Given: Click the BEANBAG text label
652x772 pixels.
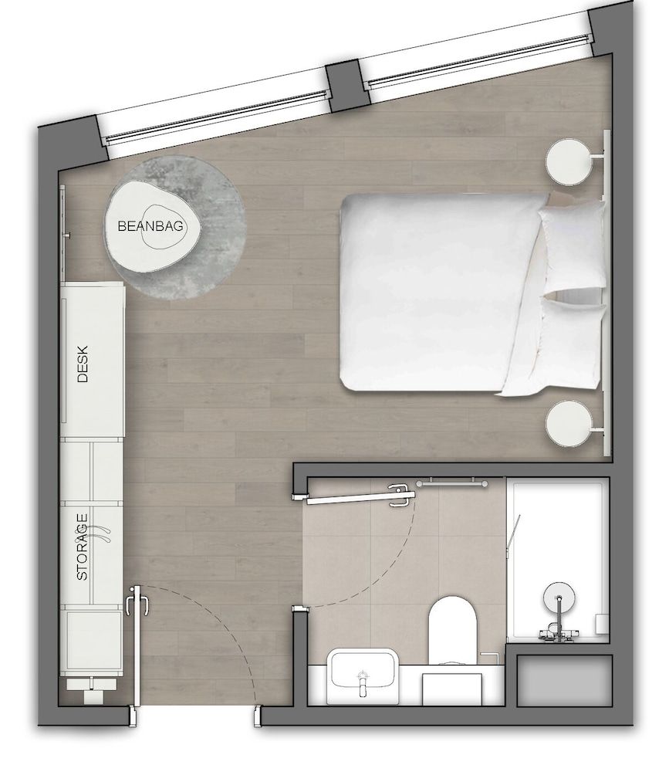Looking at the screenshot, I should (x=150, y=227).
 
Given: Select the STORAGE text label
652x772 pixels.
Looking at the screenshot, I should (x=83, y=547).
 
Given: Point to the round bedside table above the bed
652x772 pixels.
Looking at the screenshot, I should (x=570, y=160).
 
